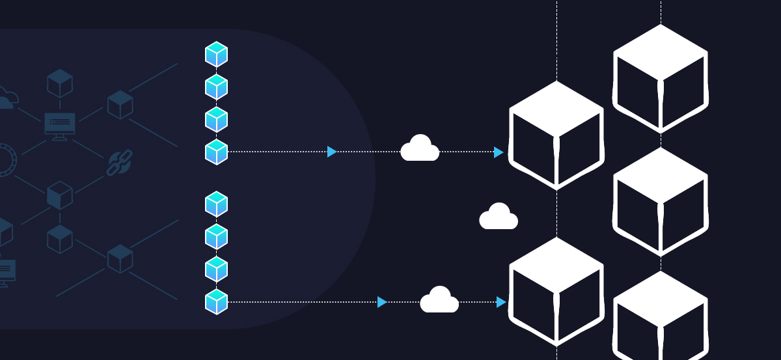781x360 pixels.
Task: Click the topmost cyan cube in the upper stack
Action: click(x=216, y=54)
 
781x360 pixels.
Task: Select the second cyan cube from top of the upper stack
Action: click(x=216, y=87)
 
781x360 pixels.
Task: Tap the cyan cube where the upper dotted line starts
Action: click(x=216, y=152)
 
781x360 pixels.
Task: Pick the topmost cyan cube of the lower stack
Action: click(x=216, y=204)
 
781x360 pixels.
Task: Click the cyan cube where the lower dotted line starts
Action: click(x=216, y=302)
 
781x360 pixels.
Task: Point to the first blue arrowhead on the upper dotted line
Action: click(x=332, y=152)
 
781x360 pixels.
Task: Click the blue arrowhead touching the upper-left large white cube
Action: click(x=499, y=152)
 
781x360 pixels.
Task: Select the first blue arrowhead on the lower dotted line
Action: click(x=382, y=302)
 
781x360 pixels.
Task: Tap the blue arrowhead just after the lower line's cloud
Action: click(x=501, y=302)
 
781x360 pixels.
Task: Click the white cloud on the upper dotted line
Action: click(x=420, y=149)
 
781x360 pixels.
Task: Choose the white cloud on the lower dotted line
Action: click(x=439, y=300)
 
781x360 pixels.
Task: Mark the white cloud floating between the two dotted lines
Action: click(x=499, y=217)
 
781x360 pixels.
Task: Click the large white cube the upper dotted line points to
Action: click(x=556, y=135)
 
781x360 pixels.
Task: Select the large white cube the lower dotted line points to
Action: click(x=556, y=291)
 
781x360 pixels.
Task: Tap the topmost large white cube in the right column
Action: click(x=661, y=78)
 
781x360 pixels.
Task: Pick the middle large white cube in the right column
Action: click(x=661, y=201)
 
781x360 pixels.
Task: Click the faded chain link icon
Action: click(x=119, y=163)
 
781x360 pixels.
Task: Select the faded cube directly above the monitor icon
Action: click(x=60, y=83)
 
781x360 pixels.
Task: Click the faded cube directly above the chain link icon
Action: click(x=120, y=104)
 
